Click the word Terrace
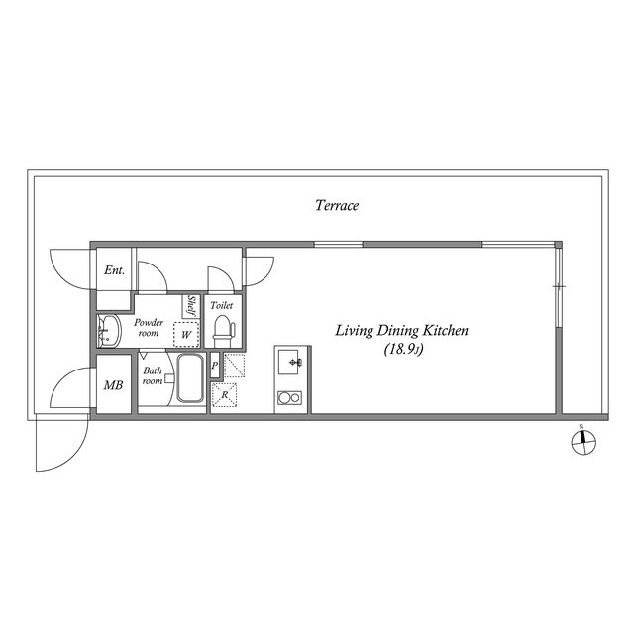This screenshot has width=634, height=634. [x=337, y=206]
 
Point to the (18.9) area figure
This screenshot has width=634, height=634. [x=399, y=349]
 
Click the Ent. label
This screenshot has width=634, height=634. [x=114, y=270]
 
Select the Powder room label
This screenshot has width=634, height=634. [x=149, y=328]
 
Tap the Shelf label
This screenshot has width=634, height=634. [x=192, y=307]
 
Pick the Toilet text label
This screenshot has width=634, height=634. [x=222, y=306]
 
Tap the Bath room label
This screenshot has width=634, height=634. [x=153, y=376]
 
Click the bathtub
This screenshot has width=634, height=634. [x=190, y=379]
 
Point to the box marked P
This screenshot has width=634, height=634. [x=215, y=365]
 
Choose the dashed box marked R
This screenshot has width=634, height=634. [x=225, y=394]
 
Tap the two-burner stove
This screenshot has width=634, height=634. [x=290, y=398]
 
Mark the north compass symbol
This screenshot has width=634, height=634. [x=582, y=442]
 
